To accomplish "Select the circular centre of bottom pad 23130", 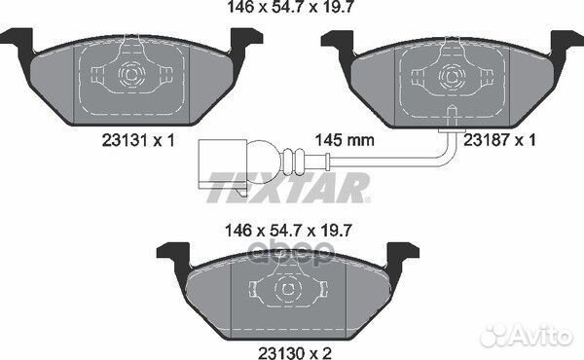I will (288, 286).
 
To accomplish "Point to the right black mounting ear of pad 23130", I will (398, 255).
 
